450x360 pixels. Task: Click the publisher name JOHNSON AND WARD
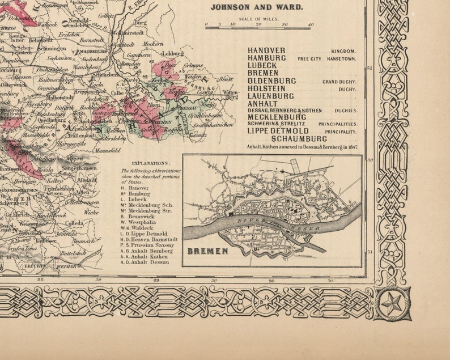(256, 8)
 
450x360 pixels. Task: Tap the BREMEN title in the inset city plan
(207, 251)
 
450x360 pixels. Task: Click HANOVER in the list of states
(266, 50)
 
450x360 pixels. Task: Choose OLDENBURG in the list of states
(271, 81)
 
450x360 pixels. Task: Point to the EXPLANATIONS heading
(142, 162)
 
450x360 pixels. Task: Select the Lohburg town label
(169, 54)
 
